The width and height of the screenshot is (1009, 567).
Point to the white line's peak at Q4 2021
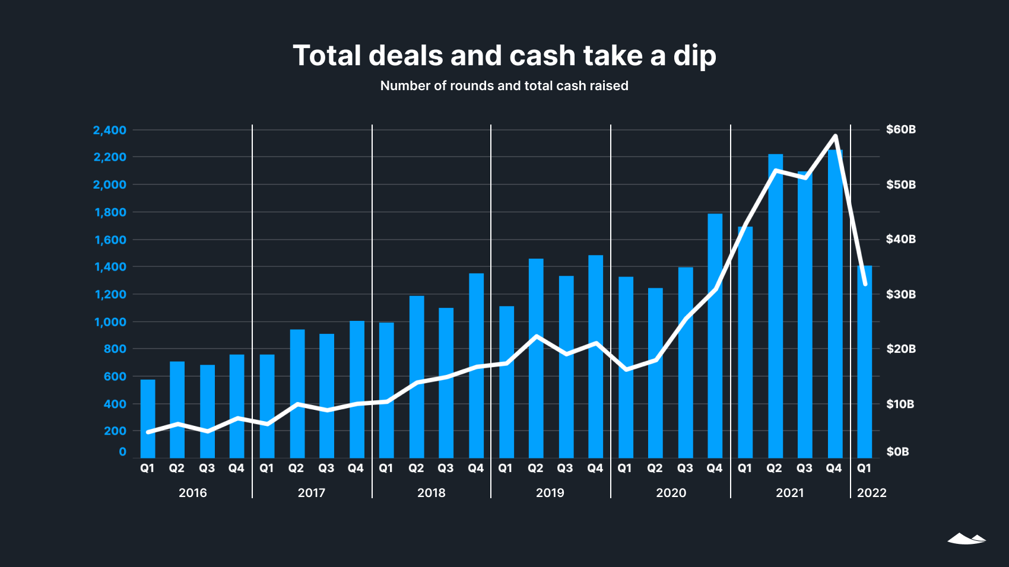[x=835, y=136]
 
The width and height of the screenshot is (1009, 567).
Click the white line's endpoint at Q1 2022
[x=865, y=284]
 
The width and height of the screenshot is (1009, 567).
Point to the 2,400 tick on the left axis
[x=110, y=130]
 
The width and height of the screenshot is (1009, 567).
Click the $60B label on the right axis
[x=900, y=129]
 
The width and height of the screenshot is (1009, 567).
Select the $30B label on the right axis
[x=900, y=294]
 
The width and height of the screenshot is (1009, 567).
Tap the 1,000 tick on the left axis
[x=110, y=322]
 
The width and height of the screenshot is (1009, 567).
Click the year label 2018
[x=431, y=493]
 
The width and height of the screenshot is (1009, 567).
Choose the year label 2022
[x=871, y=493]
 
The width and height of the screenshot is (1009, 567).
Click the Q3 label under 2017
[x=326, y=468]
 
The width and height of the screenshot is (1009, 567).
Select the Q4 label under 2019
[x=595, y=468]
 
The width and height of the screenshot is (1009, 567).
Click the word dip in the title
[x=694, y=56]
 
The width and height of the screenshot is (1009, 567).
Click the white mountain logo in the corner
[x=966, y=539]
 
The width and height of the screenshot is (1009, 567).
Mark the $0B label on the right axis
[x=897, y=452]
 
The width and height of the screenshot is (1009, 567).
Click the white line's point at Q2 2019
[x=536, y=336]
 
